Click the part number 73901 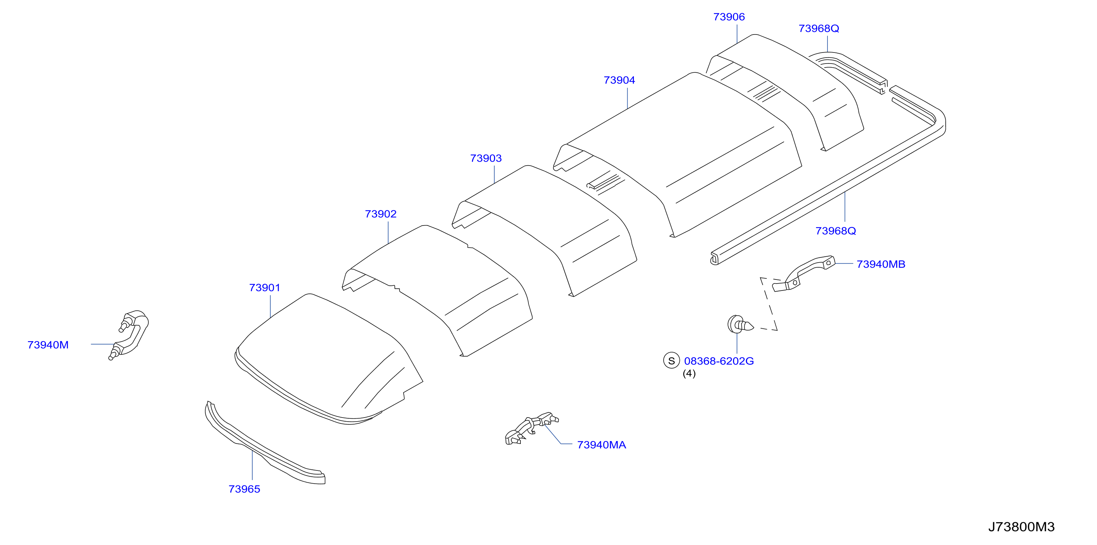(x=264, y=288)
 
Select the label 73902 (x=381, y=214)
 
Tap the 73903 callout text (x=486, y=158)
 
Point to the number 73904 (x=619, y=80)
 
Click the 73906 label (x=729, y=17)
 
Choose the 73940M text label (x=48, y=345)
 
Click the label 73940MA (x=601, y=445)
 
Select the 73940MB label (x=881, y=264)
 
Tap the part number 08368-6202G (x=719, y=361)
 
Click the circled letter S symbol (x=672, y=361)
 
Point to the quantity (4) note (x=689, y=373)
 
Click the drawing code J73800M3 (x=1021, y=527)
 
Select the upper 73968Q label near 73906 (x=819, y=29)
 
